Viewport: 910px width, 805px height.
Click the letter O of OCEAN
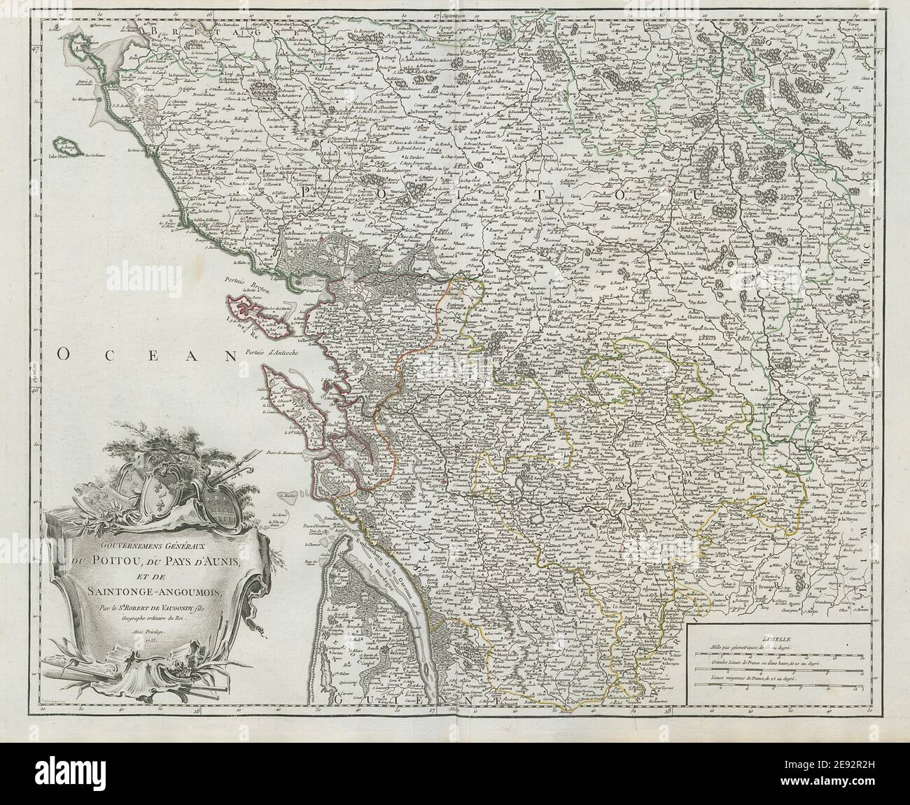click(x=63, y=355)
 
